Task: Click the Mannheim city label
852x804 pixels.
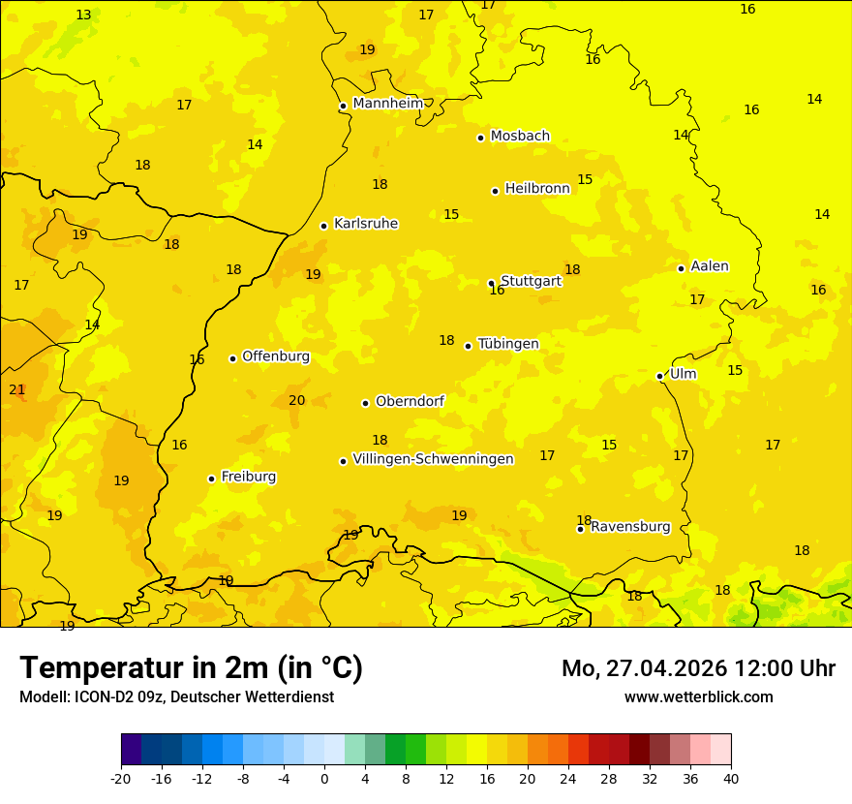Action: pos(388,104)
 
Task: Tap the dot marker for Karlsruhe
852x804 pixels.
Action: pos(323,226)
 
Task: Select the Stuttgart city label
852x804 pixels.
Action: pos(531,281)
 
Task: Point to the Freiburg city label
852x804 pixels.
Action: pos(248,477)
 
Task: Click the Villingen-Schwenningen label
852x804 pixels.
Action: pos(433,459)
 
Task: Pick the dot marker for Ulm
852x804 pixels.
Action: pos(659,376)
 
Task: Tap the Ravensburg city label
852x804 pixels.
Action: pos(630,527)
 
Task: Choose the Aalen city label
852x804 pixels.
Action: pos(709,266)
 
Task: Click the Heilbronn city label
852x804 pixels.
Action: pos(537,189)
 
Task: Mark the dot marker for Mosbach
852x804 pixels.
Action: pos(480,138)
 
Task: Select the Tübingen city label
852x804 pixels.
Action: pos(508,344)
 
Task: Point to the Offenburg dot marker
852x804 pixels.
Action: pos(232,358)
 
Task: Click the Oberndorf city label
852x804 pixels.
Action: pos(410,401)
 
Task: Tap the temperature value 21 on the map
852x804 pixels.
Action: pos(17,389)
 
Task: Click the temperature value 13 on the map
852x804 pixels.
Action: pos(83,15)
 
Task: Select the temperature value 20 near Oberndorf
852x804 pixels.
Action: pos(296,400)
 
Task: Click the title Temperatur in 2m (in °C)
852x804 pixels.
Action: pos(191,668)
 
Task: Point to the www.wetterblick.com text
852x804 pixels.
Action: pos(698,696)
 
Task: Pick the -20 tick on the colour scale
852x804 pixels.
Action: pos(121,778)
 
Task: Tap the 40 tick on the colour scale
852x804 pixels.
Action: pos(731,778)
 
